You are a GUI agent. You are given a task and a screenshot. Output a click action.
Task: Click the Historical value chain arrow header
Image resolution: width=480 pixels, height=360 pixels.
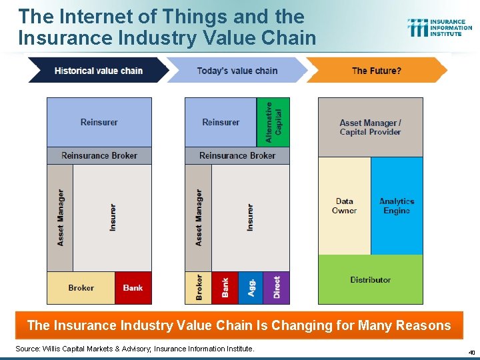click(98, 71)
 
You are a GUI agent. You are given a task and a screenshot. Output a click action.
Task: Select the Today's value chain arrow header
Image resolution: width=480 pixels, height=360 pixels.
click(237, 71)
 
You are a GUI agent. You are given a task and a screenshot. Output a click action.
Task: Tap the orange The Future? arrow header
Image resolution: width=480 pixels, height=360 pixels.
click(376, 71)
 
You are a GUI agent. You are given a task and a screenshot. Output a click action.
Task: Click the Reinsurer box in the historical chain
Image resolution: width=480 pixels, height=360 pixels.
click(99, 122)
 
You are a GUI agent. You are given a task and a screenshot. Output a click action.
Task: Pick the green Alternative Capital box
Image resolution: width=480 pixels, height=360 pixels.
click(273, 122)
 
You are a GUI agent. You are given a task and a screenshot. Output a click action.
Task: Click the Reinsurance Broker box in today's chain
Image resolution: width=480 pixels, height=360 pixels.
click(237, 155)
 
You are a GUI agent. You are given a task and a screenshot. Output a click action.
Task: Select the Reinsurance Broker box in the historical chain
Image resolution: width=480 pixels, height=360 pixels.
click(99, 155)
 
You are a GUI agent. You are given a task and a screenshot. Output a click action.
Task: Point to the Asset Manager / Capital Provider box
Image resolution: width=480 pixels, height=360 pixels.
click(370, 127)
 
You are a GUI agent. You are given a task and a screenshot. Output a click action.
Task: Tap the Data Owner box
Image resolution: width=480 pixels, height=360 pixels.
click(344, 205)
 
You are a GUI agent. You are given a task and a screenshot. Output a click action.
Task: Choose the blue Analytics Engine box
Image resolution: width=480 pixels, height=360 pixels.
click(397, 205)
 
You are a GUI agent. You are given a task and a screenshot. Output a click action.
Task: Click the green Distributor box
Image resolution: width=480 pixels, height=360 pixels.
click(370, 279)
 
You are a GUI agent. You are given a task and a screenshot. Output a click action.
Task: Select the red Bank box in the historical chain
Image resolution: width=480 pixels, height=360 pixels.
click(133, 288)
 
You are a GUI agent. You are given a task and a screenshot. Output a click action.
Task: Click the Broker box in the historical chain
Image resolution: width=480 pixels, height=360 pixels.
click(81, 288)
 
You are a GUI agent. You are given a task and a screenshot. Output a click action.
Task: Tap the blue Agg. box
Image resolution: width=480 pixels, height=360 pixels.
click(251, 287)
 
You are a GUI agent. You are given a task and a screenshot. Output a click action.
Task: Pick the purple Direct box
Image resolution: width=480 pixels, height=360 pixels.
click(277, 287)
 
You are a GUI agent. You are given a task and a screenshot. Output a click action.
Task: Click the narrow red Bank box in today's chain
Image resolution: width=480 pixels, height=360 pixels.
click(225, 287)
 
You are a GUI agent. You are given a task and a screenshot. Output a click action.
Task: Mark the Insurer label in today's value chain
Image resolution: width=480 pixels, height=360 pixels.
click(250, 217)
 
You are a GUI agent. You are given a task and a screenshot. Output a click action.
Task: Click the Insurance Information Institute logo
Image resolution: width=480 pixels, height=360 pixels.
click(439, 27)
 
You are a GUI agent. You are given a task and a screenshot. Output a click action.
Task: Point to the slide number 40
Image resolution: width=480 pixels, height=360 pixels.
click(471, 352)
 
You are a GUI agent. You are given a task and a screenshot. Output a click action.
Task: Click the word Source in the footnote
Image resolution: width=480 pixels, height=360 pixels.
click(28, 349)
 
